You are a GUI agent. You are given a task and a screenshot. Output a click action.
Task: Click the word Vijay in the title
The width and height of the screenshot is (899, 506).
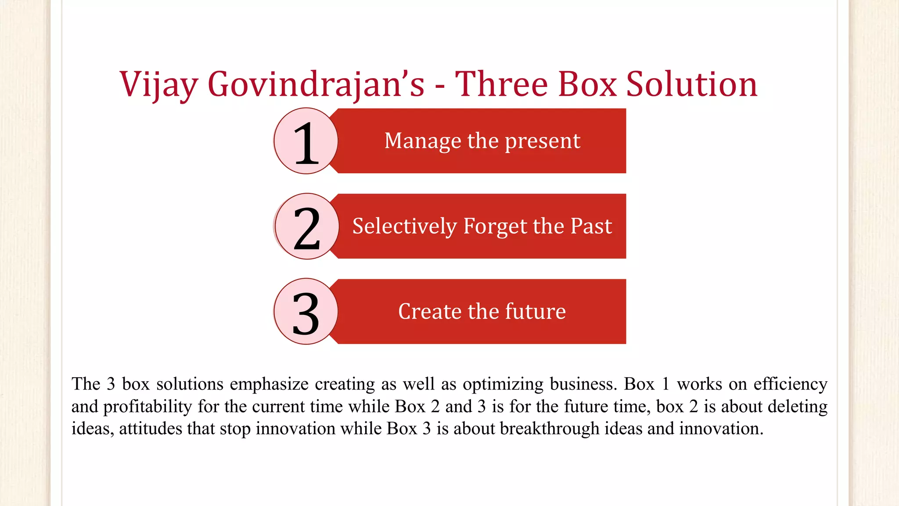(x=158, y=84)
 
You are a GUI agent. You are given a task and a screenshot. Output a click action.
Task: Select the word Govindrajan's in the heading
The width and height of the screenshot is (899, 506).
(x=316, y=84)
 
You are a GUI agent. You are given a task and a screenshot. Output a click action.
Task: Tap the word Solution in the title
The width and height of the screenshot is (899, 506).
(x=691, y=84)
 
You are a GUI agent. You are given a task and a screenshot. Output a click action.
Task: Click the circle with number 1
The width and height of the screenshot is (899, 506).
(x=306, y=141)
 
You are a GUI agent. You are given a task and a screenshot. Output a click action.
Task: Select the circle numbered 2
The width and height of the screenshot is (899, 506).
(x=307, y=227)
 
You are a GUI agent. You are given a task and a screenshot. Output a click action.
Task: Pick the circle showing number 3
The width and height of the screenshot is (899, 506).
(x=306, y=311)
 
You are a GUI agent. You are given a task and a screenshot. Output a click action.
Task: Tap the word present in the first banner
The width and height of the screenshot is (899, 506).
(x=543, y=141)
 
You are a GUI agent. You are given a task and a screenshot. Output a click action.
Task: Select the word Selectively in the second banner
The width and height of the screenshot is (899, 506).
(x=404, y=227)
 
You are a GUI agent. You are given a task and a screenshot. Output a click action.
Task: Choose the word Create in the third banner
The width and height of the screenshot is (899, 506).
(x=430, y=311)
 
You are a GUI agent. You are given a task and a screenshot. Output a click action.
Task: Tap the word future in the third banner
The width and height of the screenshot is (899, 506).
(x=536, y=311)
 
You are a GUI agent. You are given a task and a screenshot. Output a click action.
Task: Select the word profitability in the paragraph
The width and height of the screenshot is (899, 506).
(x=147, y=407)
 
